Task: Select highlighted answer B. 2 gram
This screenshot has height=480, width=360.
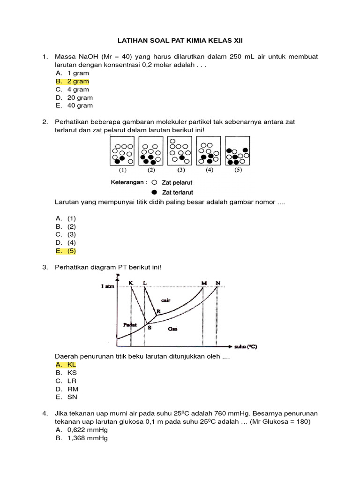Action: tap(72, 81)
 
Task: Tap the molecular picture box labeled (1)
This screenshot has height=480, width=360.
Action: tap(121, 151)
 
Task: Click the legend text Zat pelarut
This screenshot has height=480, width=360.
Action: tap(177, 182)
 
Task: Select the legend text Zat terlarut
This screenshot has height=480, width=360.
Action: tap(178, 192)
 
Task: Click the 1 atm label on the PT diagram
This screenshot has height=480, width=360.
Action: tap(108, 286)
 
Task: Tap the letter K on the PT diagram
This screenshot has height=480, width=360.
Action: tap(131, 283)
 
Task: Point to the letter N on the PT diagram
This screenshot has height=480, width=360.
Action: tap(218, 283)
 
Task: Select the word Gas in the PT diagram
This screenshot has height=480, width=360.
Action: tap(172, 329)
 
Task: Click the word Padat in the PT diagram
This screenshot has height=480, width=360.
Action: tap(130, 324)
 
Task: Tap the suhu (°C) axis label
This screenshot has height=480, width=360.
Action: tap(246, 347)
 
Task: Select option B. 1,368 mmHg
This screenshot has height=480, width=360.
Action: tap(82, 438)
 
